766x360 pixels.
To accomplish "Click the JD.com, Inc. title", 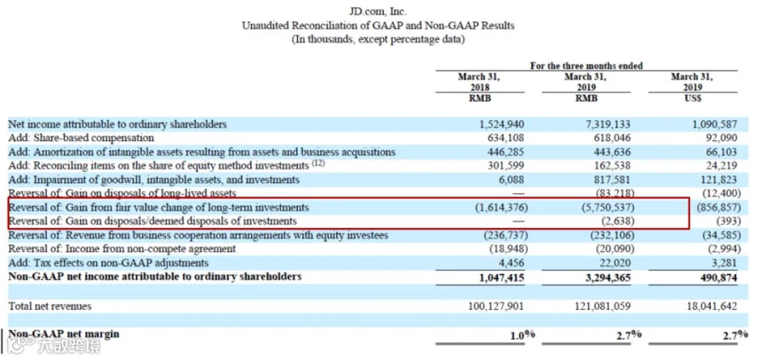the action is pyautogui.click(x=378, y=12).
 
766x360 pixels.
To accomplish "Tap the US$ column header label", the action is pyautogui.click(x=693, y=98).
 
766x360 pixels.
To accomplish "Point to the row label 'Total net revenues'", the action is pyautogui.click(x=50, y=306).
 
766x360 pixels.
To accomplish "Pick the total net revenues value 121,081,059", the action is pyautogui.click(x=600, y=306).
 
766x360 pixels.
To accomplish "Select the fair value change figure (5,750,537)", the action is pyautogui.click(x=608, y=208).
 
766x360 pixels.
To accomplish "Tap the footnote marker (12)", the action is pyautogui.click(x=318, y=163).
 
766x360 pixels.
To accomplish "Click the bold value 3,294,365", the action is pyautogui.click(x=605, y=277).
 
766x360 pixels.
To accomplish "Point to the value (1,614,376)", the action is pyautogui.click(x=502, y=208).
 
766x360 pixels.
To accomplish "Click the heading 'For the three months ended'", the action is pyautogui.click(x=586, y=66).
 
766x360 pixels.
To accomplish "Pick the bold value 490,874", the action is pyautogui.click(x=717, y=277).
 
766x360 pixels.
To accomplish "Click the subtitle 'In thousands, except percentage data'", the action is pyautogui.click(x=378, y=39).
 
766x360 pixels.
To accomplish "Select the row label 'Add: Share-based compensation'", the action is pyautogui.click(x=81, y=138).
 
